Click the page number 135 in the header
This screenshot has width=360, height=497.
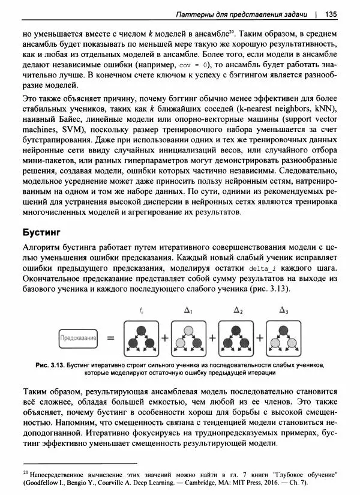[x=331, y=14]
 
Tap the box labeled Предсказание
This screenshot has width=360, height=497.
[x=78, y=338]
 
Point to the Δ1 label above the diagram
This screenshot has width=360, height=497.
[x=188, y=311]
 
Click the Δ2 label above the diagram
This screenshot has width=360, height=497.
[x=238, y=311]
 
